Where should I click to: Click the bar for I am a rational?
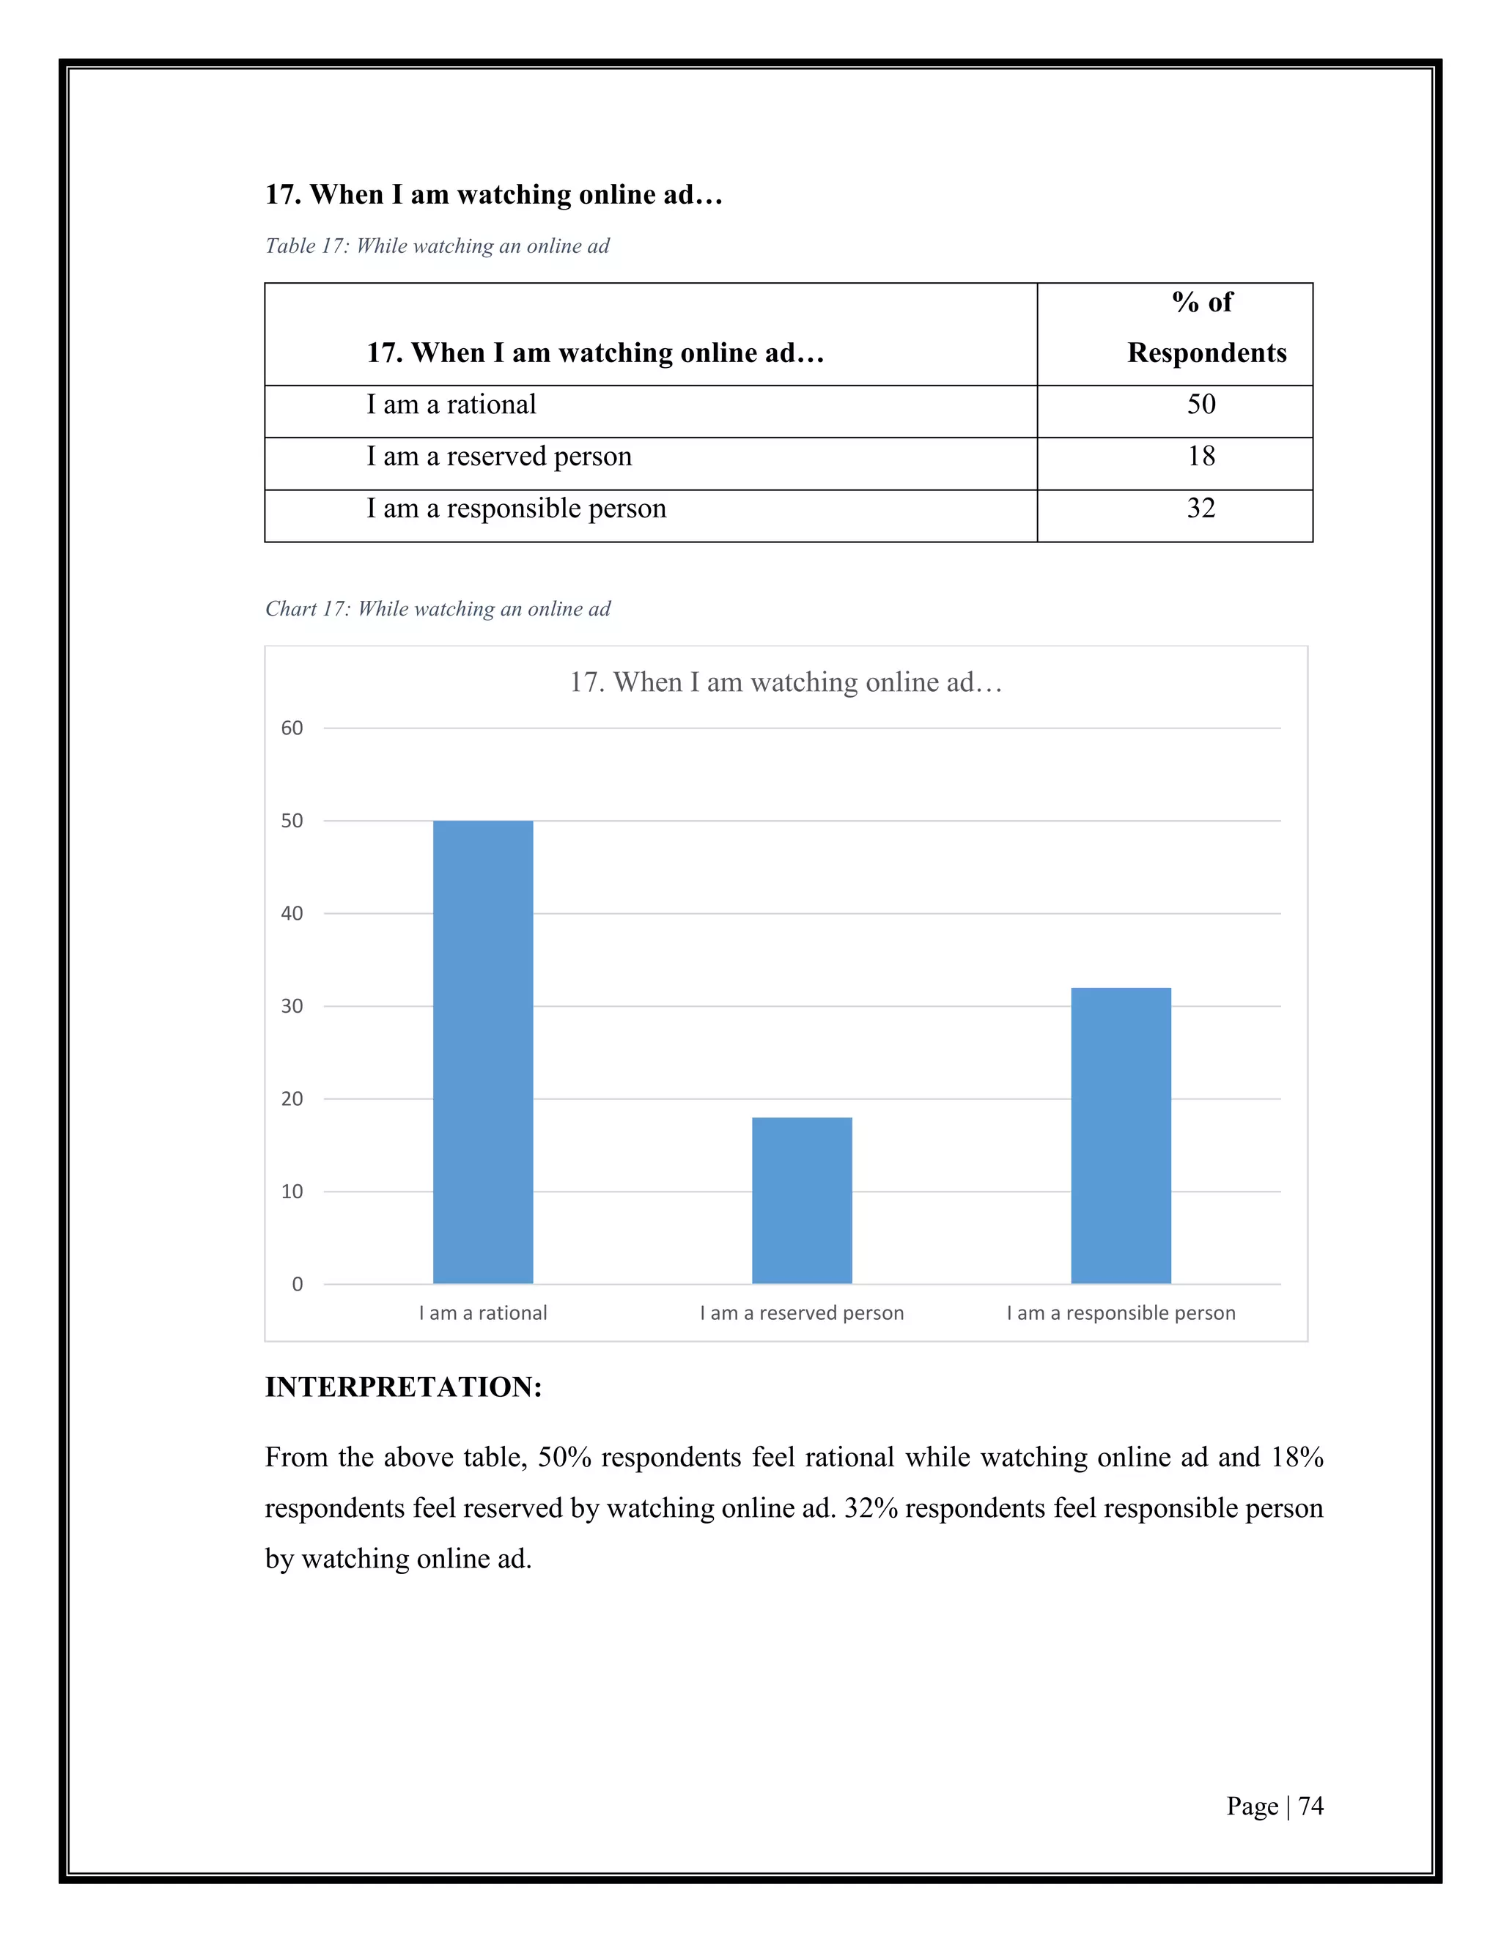point(483,1051)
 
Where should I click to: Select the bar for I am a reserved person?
point(801,1200)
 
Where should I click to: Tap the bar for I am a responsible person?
point(1121,1134)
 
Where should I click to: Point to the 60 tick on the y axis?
point(292,728)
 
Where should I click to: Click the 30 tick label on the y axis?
point(292,1005)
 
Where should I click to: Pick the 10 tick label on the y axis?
point(292,1192)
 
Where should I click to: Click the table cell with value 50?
point(1201,405)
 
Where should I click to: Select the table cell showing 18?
point(1201,456)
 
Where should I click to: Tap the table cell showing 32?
point(1201,509)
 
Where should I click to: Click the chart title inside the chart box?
point(786,682)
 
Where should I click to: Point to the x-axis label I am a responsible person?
point(1121,1313)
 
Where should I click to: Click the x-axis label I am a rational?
point(483,1313)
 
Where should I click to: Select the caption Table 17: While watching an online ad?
point(437,246)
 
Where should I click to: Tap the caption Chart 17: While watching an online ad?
point(438,609)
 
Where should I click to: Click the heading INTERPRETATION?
point(403,1387)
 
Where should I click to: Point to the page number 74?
point(1310,1806)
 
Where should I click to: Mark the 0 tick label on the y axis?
point(297,1284)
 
